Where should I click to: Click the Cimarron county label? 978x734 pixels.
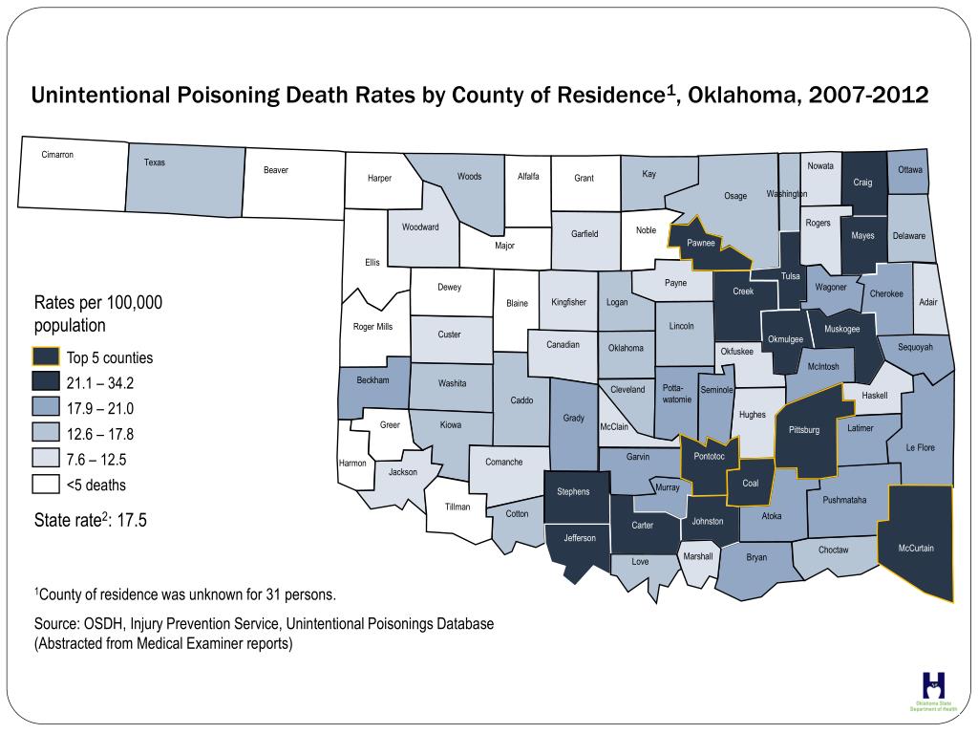pyautogui.click(x=57, y=155)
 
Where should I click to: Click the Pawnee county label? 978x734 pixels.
pyautogui.click(x=701, y=243)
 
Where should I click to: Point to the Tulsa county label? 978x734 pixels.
pyautogui.click(x=791, y=276)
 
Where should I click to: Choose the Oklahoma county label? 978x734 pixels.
pyautogui.click(x=626, y=348)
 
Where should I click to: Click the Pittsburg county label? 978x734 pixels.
pyautogui.click(x=804, y=430)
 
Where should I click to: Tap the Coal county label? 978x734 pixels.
pyautogui.click(x=750, y=483)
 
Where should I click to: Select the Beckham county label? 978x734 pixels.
pyautogui.click(x=372, y=380)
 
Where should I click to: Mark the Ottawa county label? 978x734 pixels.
pyautogui.click(x=910, y=170)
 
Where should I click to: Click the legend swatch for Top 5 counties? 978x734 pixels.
pyautogui.click(x=46, y=358)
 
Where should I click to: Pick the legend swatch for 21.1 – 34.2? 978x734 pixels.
pyautogui.click(x=46, y=383)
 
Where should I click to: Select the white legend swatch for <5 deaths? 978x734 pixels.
pyautogui.click(x=46, y=485)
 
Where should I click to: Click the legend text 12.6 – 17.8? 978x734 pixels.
pyautogui.click(x=100, y=434)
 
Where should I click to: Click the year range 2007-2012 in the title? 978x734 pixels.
pyautogui.click(x=867, y=97)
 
